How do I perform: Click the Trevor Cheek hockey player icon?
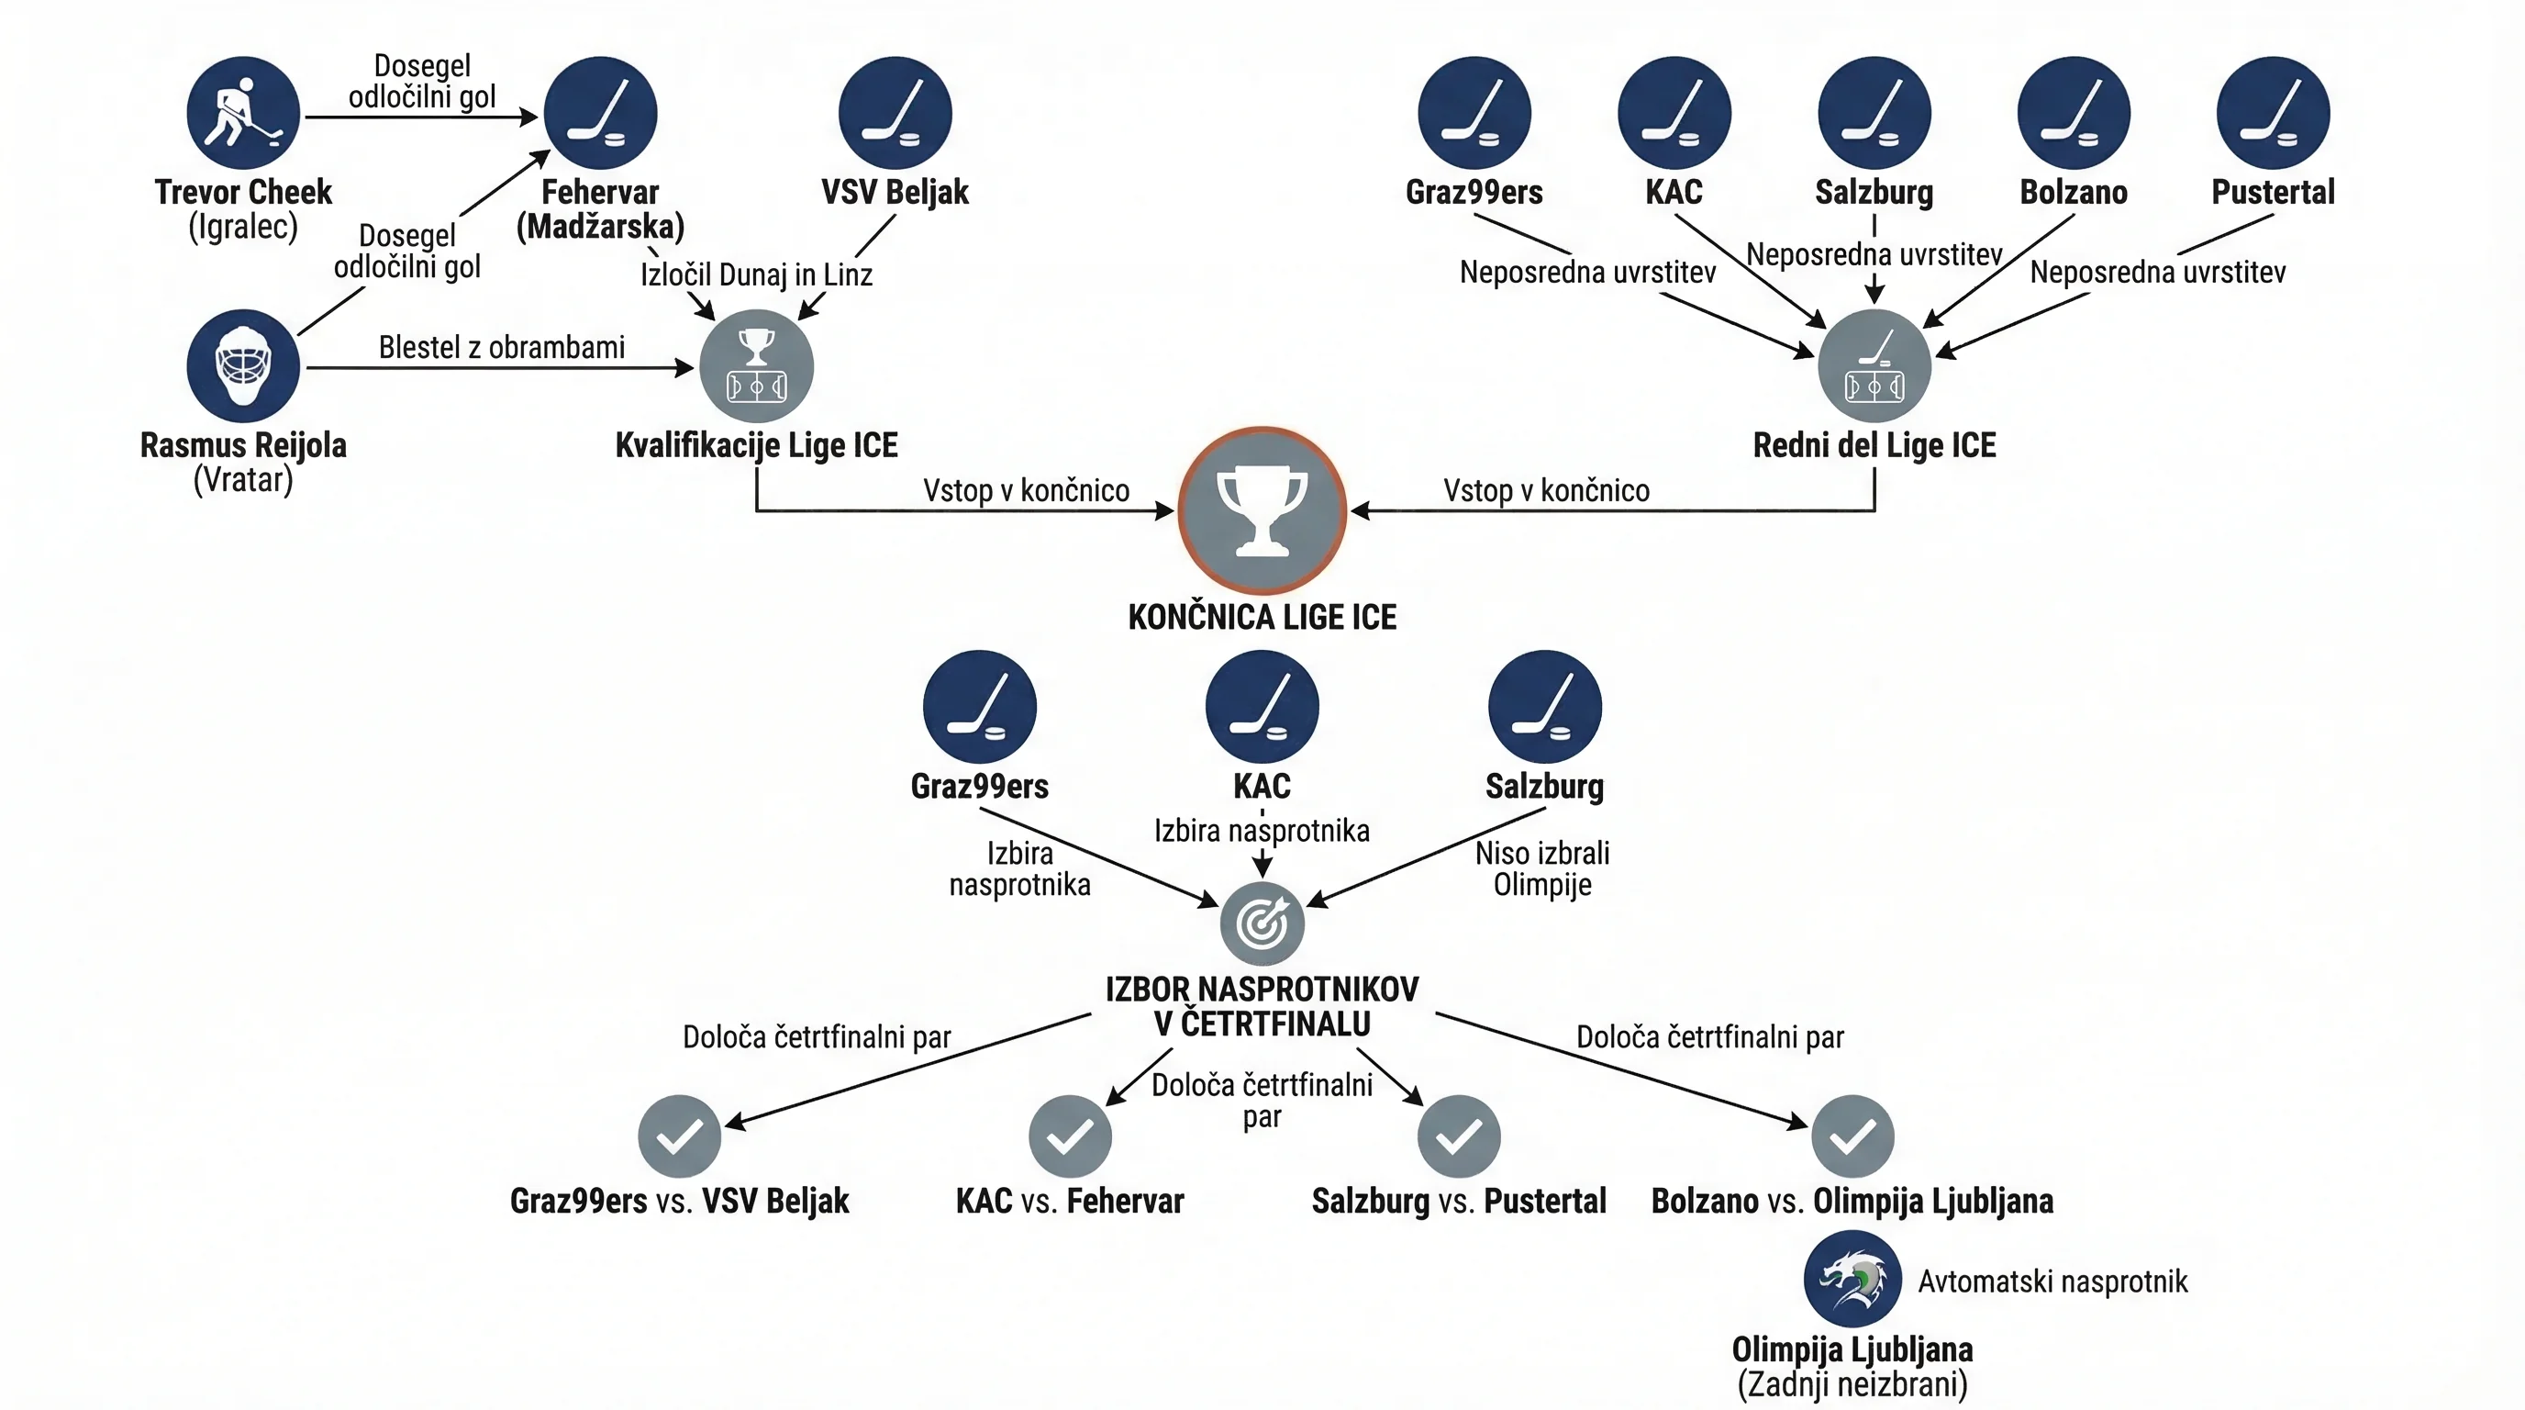coord(243,113)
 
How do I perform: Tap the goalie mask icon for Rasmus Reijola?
coord(243,365)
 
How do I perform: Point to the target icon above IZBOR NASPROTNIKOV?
coord(1262,923)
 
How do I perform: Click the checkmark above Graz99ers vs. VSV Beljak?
coord(679,1136)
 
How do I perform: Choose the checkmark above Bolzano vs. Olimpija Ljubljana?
coord(1852,1136)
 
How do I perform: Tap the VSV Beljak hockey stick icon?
coord(895,113)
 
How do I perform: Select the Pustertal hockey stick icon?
coord(2273,113)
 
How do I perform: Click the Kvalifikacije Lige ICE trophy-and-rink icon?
coord(757,365)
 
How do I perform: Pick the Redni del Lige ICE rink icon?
coord(1874,365)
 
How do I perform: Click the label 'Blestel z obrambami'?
coord(502,347)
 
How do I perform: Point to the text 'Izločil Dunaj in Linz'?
coord(757,274)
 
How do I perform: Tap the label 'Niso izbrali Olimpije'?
coord(1543,868)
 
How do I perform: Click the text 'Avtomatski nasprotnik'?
coord(2052,1281)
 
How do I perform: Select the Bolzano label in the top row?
coord(2075,192)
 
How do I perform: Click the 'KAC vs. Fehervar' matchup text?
coord(1071,1201)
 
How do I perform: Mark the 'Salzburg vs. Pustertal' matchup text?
coord(1460,1201)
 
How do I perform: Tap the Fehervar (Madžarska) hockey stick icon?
coord(601,113)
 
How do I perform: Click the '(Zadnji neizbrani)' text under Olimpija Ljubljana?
coord(1852,1384)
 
